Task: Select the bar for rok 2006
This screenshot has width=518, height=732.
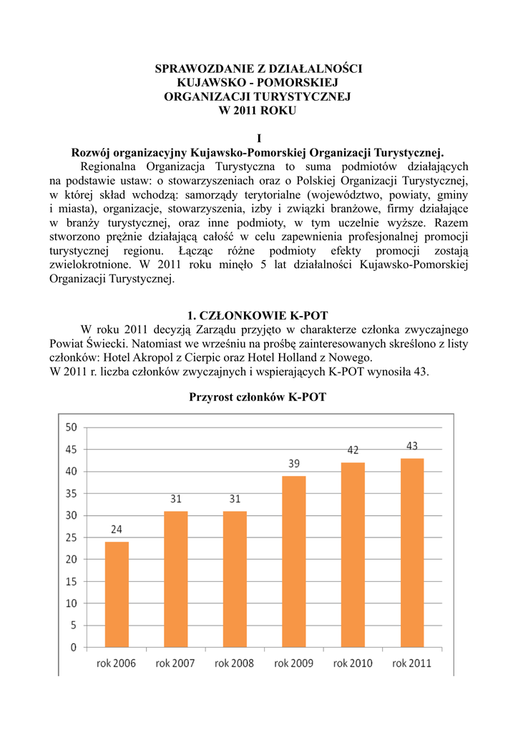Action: point(117,594)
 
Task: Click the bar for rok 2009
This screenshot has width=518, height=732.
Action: point(294,561)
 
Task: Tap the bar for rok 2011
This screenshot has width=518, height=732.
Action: point(412,553)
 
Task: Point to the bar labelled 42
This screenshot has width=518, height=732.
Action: point(353,555)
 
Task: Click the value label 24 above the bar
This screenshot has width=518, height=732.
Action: point(117,530)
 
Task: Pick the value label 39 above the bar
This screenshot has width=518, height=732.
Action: point(294,464)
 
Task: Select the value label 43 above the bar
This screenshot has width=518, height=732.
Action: point(412,446)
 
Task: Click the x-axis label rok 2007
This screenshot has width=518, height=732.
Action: point(175,663)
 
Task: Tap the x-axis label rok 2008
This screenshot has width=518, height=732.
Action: point(234,663)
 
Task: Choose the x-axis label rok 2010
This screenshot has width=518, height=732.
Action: point(353,663)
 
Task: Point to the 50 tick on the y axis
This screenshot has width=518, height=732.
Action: point(71,427)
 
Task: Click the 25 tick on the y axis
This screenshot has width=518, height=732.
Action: point(71,538)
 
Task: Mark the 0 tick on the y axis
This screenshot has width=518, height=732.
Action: point(74,648)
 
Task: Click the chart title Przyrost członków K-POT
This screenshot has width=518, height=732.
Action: point(258,397)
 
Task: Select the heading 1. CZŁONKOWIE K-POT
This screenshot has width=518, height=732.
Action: point(258,315)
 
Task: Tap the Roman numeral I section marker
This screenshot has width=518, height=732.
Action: point(258,138)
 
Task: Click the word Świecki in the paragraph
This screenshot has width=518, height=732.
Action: point(109,343)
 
